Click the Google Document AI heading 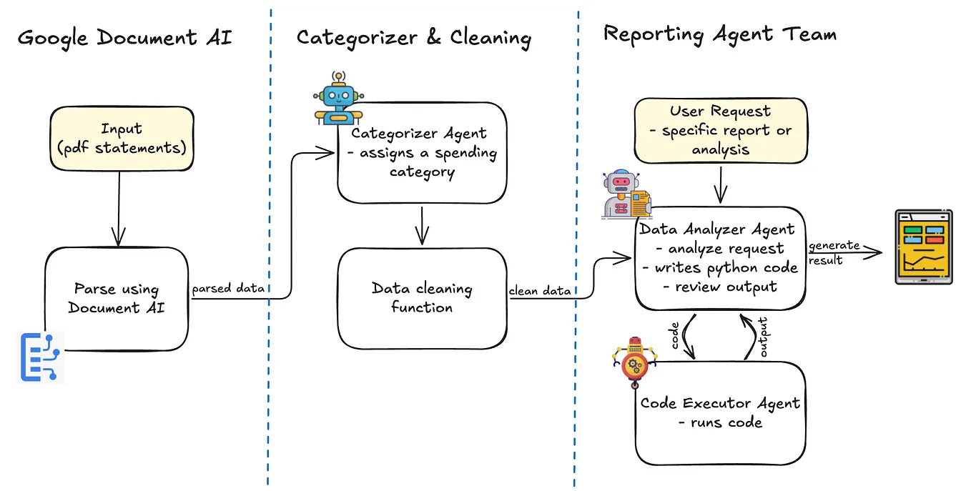pos(124,37)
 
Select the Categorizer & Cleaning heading pos(413,37)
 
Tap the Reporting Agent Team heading pos(719,34)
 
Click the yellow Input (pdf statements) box pos(122,138)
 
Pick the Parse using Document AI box pos(117,299)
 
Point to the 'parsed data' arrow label pos(228,289)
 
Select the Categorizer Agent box pos(422,152)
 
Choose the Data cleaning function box pos(422,298)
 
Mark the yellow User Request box pos(720,130)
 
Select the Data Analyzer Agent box pos(720,258)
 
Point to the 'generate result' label pos(833,252)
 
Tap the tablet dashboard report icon pos(923,247)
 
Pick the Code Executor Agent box pos(720,412)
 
